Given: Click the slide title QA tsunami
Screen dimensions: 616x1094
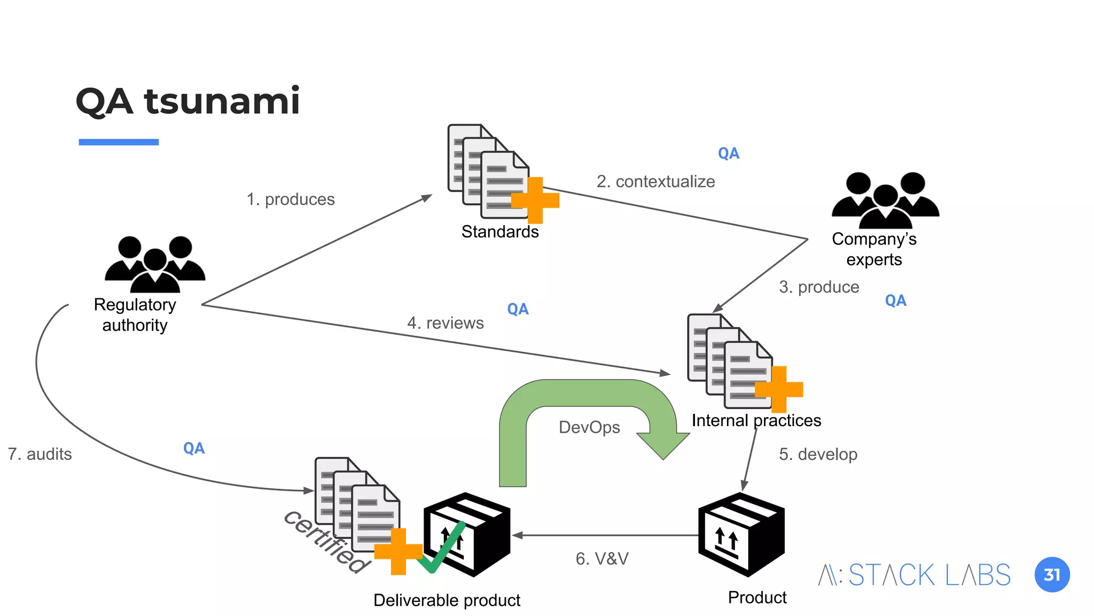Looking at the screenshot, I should click(187, 101).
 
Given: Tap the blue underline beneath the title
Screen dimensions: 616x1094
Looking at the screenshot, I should click(119, 142).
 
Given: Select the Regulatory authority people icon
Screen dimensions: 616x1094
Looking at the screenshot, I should click(155, 264).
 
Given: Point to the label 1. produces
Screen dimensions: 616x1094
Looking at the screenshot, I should click(291, 199).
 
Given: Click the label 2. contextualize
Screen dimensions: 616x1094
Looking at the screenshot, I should click(655, 182).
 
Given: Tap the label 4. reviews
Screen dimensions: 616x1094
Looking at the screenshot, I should click(445, 323).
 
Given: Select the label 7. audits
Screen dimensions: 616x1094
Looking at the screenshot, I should click(40, 454).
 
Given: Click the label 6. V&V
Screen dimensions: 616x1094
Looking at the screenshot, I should click(602, 559).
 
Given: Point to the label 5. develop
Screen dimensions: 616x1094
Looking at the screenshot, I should click(818, 454).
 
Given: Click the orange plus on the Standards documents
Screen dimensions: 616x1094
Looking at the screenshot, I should click(535, 201).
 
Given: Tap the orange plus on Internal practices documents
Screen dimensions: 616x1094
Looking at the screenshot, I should click(779, 389).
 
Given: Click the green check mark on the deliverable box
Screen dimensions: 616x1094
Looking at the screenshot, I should click(441, 548).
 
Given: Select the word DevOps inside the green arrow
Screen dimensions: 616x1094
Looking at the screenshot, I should click(589, 427).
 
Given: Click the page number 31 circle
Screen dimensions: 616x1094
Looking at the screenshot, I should click(1052, 575).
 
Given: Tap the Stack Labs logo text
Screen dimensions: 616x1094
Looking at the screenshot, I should click(915, 575).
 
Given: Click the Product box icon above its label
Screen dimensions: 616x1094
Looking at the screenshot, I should click(741, 535).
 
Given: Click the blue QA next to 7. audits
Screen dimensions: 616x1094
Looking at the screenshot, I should click(193, 448).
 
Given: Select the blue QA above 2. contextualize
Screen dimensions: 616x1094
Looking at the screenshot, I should click(728, 153).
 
